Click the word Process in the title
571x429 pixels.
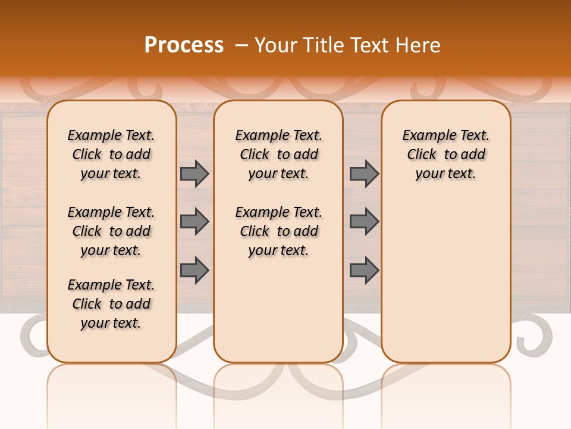(184, 45)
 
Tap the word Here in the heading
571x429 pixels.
(417, 45)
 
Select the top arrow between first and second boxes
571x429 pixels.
(194, 174)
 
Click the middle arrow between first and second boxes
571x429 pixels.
(194, 222)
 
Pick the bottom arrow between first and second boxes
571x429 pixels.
(194, 270)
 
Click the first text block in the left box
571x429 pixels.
(111, 154)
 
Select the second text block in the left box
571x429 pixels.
(111, 231)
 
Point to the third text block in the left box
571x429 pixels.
(111, 304)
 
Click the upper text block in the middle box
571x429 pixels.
(278, 154)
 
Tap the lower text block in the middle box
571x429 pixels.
(278, 231)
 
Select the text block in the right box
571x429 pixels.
(445, 154)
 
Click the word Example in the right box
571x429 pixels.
(423, 136)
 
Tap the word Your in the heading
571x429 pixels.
(275, 45)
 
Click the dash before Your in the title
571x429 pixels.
(241, 45)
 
